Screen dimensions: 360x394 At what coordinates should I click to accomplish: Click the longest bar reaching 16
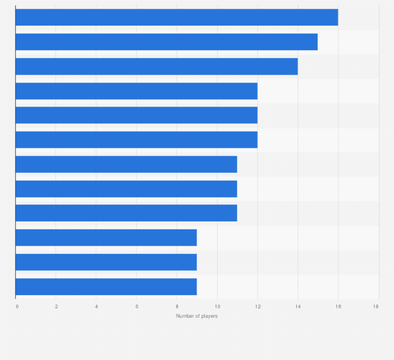(x=177, y=17)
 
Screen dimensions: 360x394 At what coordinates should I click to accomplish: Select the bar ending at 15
(x=166, y=42)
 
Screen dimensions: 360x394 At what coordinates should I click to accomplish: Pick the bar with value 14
(x=156, y=66)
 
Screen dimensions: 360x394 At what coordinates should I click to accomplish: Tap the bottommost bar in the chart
(x=106, y=286)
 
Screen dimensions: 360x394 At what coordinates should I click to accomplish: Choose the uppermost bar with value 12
(x=136, y=91)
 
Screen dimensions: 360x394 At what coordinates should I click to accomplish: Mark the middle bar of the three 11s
(x=126, y=189)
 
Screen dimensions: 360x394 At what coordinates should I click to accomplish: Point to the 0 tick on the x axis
(x=17, y=306)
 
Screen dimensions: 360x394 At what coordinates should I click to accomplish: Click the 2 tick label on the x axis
(x=56, y=306)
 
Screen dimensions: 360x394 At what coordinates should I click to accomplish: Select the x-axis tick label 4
(x=96, y=306)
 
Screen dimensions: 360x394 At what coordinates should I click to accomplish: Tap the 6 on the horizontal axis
(x=136, y=306)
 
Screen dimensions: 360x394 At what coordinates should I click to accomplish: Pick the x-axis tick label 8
(x=177, y=306)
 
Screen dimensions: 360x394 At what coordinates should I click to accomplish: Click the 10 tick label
(x=217, y=306)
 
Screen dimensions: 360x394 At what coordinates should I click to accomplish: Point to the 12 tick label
(x=258, y=306)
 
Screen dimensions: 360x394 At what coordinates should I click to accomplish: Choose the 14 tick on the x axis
(x=298, y=306)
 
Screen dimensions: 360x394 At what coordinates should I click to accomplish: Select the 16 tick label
(x=338, y=306)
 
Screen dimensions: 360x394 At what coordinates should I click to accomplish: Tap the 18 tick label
(x=376, y=306)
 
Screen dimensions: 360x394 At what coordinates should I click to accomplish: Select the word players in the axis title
(x=210, y=316)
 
